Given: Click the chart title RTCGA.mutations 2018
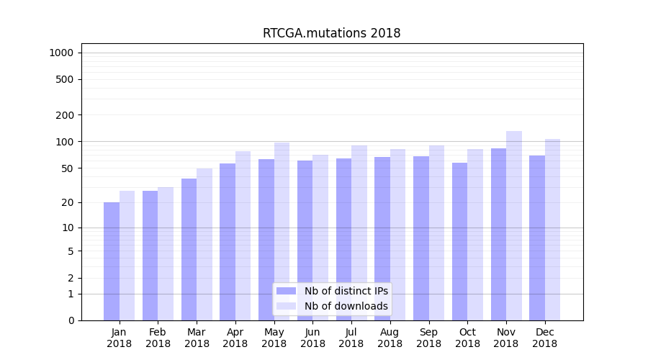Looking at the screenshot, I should tap(331, 33).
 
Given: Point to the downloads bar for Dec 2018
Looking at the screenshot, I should tap(552, 230).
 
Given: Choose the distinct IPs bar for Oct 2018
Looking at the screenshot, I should tap(460, 241).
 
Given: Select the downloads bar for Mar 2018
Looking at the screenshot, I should tap(204, 244).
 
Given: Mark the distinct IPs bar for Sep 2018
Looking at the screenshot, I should tap(421, 238).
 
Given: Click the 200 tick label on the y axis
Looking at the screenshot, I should tap(64, 115).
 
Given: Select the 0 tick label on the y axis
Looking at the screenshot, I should tap(71, 320).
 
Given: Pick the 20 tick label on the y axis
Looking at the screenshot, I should tap(67, 202).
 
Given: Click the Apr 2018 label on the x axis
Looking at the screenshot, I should tap(235, 338).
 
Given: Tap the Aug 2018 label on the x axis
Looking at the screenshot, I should tap(390, 338).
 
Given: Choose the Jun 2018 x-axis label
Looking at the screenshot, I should tap(312, 338).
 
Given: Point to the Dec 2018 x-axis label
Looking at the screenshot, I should tap(545, 338).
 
